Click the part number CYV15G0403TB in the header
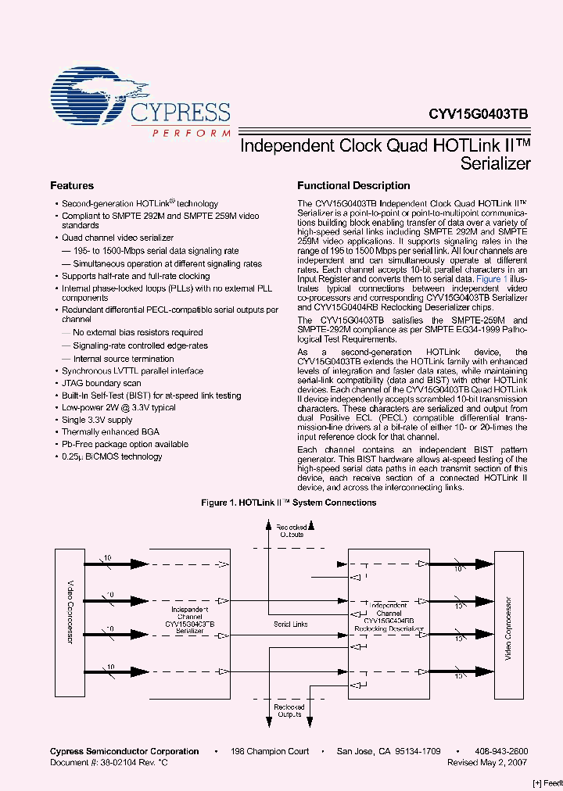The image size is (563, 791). pos(479,113)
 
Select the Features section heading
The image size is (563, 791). pos(72,186)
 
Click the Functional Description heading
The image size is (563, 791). pos(353,186)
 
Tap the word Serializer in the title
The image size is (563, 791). pos(495,164)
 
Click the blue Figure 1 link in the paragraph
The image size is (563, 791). pos(493,279)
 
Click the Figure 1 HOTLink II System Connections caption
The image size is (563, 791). pos(289,503)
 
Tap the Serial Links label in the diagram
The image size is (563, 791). pos(291,624)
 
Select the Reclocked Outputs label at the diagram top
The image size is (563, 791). pos(291,531)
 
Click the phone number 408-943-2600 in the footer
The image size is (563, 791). pos(501,751)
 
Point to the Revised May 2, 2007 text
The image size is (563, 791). pos(486,762)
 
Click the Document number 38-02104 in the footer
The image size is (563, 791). pos(109,762)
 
